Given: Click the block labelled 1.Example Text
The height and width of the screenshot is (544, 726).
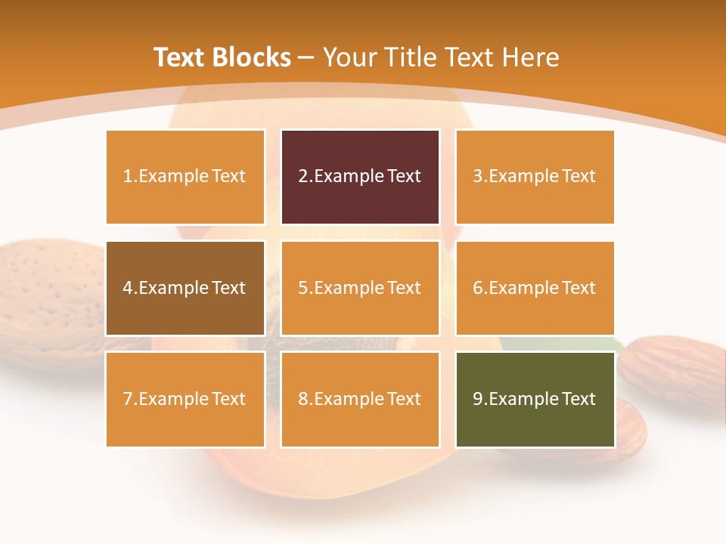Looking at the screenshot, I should (x=185, y=177).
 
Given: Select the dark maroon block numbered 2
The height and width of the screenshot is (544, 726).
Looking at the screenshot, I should (x=360, y=177).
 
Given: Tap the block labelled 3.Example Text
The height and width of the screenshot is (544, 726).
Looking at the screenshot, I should (x=535, y=177).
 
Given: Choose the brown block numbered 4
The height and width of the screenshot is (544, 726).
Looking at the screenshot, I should (x=185, y=288).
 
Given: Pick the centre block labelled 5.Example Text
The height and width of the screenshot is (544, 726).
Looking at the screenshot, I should (x=360, y=288).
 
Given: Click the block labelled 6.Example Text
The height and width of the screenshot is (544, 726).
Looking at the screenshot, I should (x=535, y=288).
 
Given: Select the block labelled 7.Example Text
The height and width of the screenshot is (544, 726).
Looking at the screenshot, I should (x=185, y=399).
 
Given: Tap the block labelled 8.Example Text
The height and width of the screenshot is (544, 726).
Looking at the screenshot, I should (x=360, y=399).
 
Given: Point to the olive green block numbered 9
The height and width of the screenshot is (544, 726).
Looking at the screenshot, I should (x=535, y=399).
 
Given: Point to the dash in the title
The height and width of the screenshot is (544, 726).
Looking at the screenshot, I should (x=306, y=57).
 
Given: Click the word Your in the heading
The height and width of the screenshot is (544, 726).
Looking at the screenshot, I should (x=349, y=57).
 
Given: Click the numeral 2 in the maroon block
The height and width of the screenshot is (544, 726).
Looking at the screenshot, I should (x=302, y=177).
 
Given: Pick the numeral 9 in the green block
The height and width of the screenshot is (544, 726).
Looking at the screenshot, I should (x=477, y=399).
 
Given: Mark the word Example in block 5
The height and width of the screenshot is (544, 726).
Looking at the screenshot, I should (x=348, y=288).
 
